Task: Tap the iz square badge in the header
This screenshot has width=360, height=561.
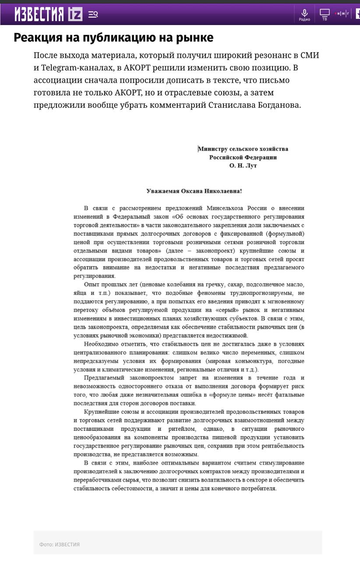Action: [x=75, y=14]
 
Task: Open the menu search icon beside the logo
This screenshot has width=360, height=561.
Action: [x=93, y=14]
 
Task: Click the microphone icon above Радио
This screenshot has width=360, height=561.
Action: [x=304, y=12]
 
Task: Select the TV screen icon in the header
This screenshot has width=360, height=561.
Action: [x=325, y=12]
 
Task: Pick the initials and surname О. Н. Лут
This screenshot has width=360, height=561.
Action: [x=243, y=166]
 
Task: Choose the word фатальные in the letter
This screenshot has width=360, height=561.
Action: [x=288, y=395]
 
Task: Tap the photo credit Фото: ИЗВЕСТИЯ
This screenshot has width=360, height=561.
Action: [x=60, y=544]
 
